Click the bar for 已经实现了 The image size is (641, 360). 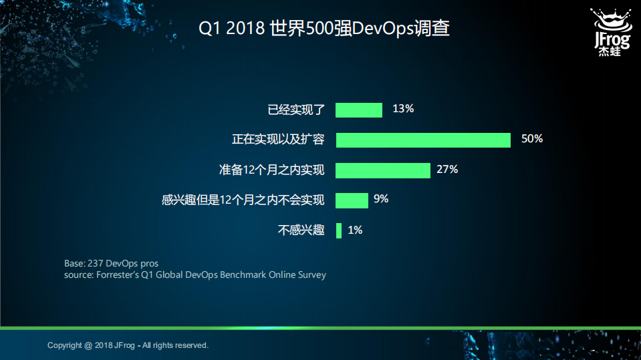pyautogui.click(x=358, y=110)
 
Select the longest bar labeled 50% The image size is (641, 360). pyautogui.click(x=423, y=140)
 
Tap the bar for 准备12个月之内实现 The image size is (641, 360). pyautogui.click(x=382, y=170)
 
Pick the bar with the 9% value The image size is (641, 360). pyautogui.click(x=352, y=200)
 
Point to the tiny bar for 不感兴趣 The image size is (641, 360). pyautogui.click(x=339, y=230)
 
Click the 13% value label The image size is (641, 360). pyautogui.click(x=403, y=109)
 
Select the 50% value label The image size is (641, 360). pyautogui.click(x=532, y=139)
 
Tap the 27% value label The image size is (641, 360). pyautogui.click(x=447, y=170)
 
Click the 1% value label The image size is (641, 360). pyautogui.click(x=355, y=230)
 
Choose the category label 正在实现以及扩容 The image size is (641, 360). pyautogui.click(x=278, y=140)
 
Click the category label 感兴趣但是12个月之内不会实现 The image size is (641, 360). pyautogui.click(x=243, y=200)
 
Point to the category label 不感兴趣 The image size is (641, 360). pyautogui.click(x=301, y=230)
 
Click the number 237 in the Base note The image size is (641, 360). pyautogui.click(x=96, y=263)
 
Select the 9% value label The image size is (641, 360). pyautogui.click(x=381, y=199)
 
